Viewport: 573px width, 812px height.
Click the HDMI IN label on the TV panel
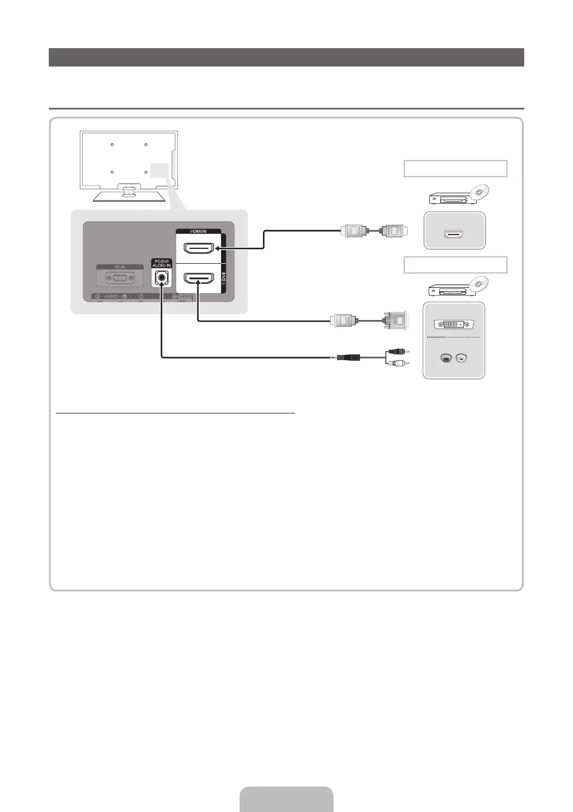point(198,231)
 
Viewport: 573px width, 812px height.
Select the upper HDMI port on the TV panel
point(198,248)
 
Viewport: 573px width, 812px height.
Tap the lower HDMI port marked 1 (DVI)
point(198,278)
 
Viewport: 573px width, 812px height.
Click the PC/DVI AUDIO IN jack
point(161,279)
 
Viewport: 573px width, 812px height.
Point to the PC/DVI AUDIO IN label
point(161,263)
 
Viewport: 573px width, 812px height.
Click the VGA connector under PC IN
point(119,278)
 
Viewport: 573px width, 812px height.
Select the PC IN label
point(119,267)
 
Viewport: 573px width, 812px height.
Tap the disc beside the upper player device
point(479,192)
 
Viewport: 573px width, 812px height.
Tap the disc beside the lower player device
point(479,283)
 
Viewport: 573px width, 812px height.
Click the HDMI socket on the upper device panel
point(454,234)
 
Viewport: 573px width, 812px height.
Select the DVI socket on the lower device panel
point(454,324)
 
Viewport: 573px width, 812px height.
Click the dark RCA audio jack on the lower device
point(445,358)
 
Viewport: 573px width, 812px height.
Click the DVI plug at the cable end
point(396,320)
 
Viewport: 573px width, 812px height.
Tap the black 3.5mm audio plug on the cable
point(348,357)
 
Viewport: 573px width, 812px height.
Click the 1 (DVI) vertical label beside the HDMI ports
point(224,278)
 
